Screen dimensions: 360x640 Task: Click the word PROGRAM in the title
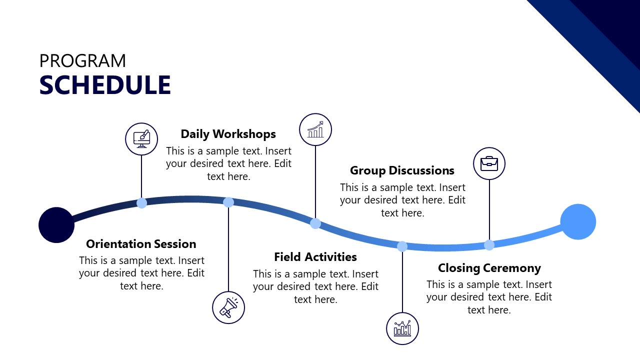pos(82,61)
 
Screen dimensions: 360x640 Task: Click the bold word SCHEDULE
pos(105,85)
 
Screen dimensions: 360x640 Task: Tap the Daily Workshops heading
pos(228,134)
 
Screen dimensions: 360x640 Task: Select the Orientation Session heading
pos(141,244)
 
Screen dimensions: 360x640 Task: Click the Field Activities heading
pos(315,257)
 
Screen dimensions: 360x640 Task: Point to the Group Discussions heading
pos(402,170)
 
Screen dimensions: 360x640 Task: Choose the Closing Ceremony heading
pos(489,268)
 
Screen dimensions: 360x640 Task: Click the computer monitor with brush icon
pos(141,139)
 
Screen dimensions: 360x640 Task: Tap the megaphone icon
pos(228,307)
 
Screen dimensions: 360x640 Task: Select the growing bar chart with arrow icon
pos(315,129)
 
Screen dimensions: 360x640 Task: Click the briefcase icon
pos(489,163)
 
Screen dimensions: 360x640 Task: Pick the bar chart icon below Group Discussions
pos(402,328)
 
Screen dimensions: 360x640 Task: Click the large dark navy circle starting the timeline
pos(56,225)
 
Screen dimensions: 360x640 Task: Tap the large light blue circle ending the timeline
pos(578,222)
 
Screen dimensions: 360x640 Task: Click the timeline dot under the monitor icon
pos(142,203)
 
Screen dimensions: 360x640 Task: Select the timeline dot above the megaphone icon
pos(228,202)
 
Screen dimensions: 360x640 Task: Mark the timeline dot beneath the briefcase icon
pos(489,245)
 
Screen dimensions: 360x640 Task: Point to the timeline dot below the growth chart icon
pos(315,223)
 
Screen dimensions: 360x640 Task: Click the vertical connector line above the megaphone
pos(228,250)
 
